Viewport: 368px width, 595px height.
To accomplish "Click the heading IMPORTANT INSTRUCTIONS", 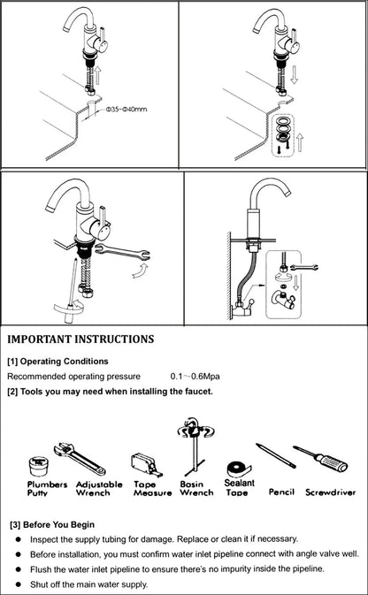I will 80,339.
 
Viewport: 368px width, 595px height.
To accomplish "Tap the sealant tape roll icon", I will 237,468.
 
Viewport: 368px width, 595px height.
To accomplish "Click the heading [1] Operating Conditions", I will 57,361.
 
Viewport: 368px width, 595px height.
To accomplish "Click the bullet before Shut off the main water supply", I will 19,584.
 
